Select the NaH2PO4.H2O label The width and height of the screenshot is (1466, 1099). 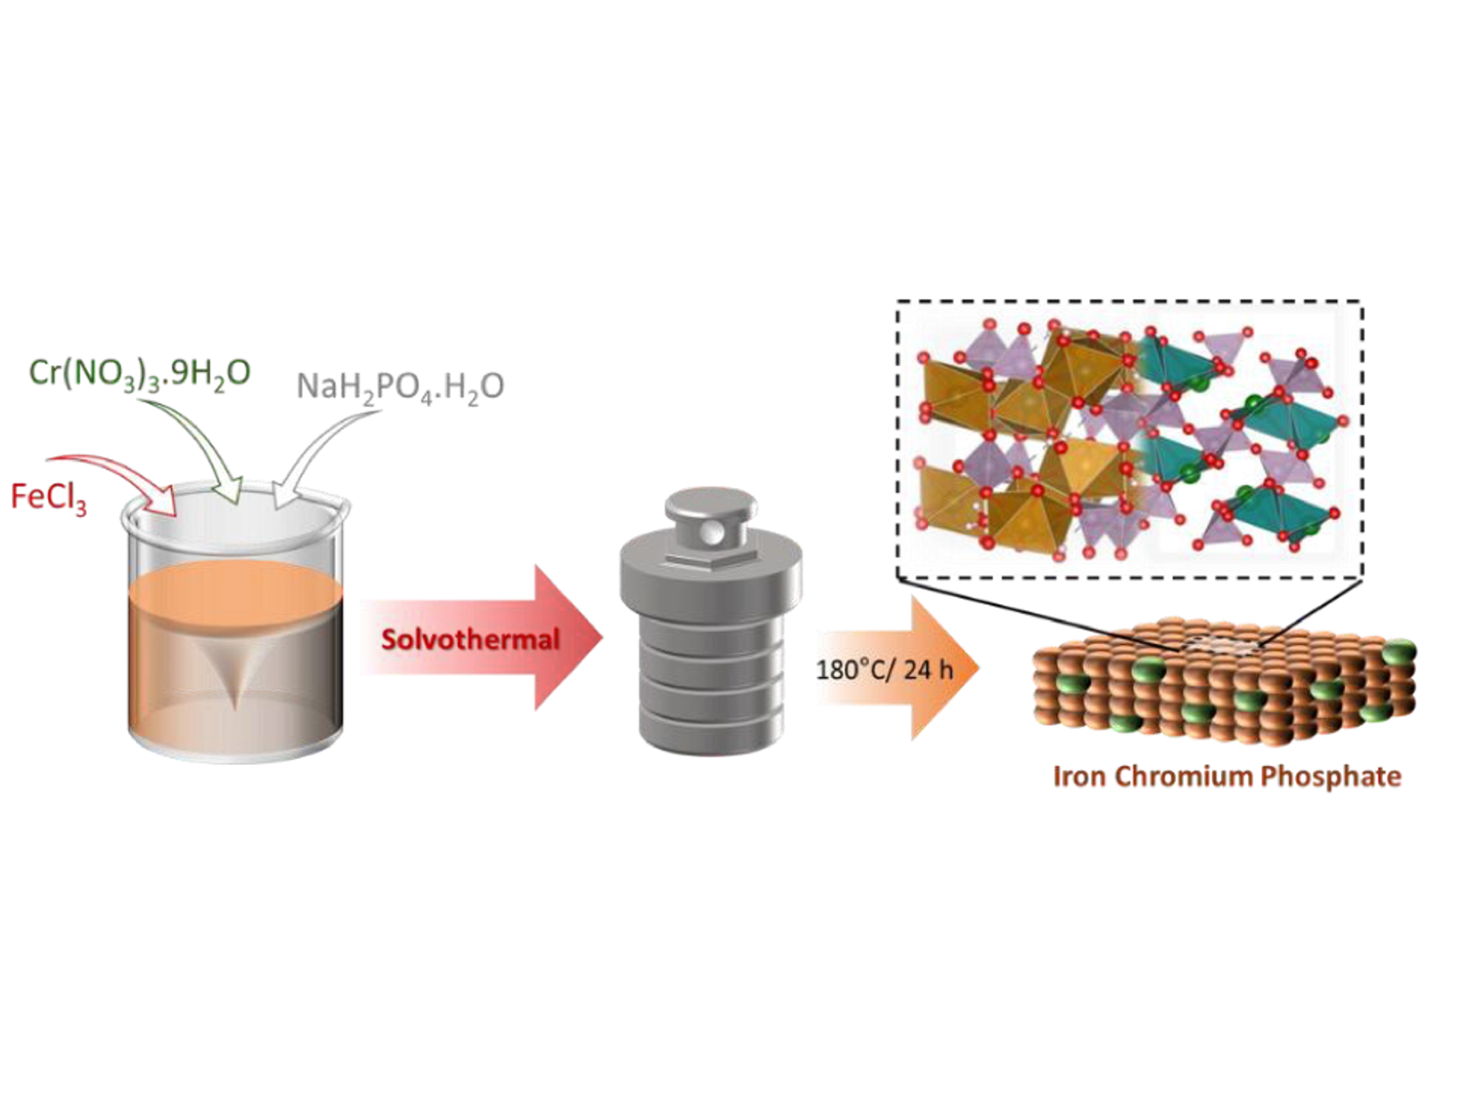400,387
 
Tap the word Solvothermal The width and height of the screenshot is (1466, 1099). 470,639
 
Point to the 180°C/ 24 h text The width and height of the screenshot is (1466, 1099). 884,670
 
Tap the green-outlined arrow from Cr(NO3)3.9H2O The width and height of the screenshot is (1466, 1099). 199,444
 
